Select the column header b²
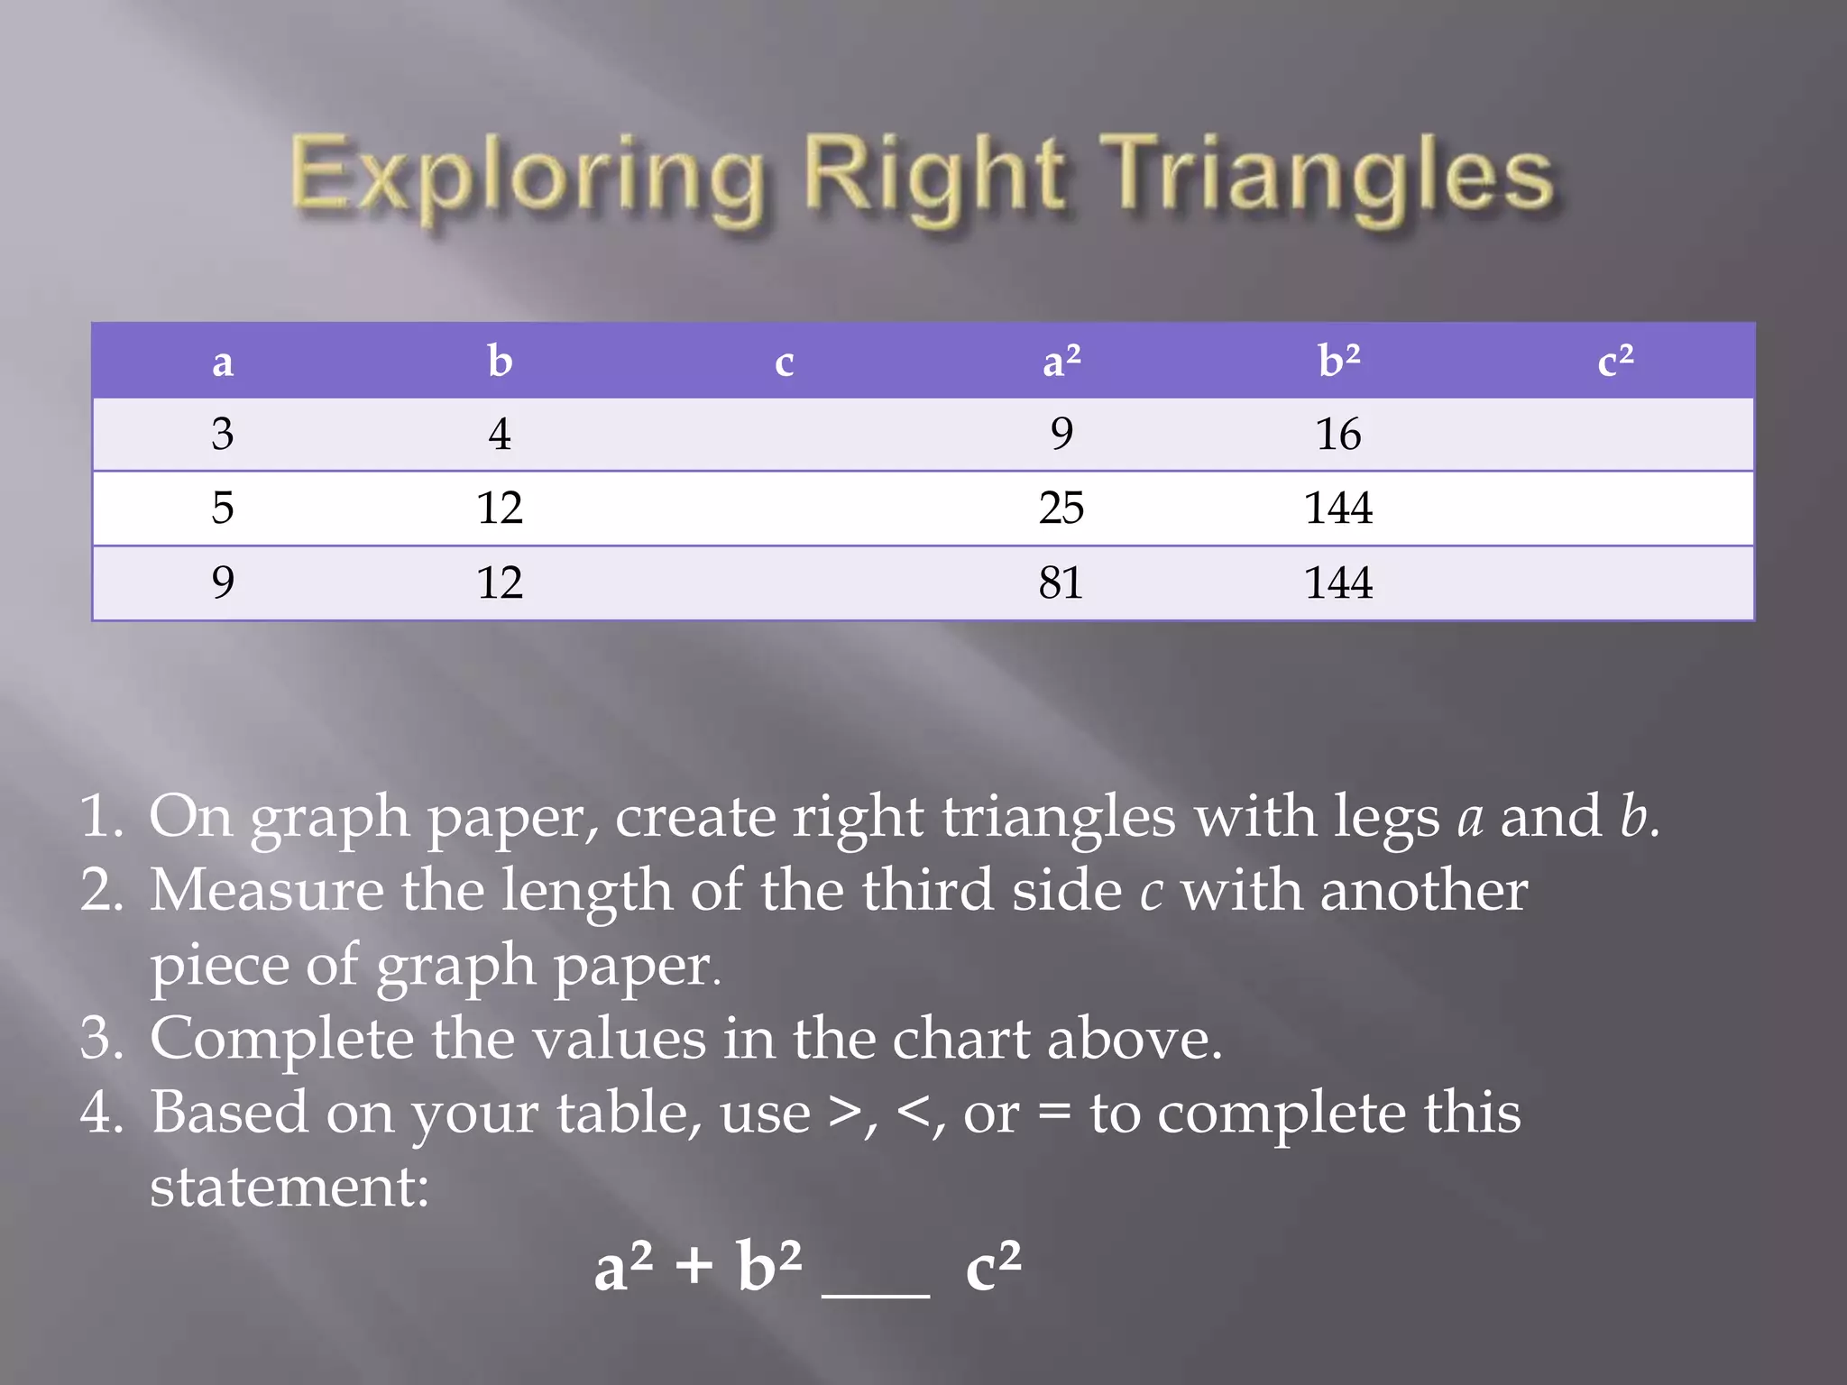(x=1338, y=361)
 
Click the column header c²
(x=1614, y=361)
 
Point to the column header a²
(x=1061, y=361)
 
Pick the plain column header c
(x=784, y=362)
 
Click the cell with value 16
(x=1338, y=435)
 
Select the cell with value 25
(x=1061, y=508)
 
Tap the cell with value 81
(x=1061, y=582)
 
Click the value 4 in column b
(x=500, y=435)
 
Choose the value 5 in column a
(x=223, y=508)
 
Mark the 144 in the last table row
(x=1338, y=582)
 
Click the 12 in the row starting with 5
(x=500, y=508)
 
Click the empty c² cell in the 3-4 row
(x=1614, y=435)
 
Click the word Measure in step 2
(x=266, y=890)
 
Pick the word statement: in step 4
(x=289, y=1186)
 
